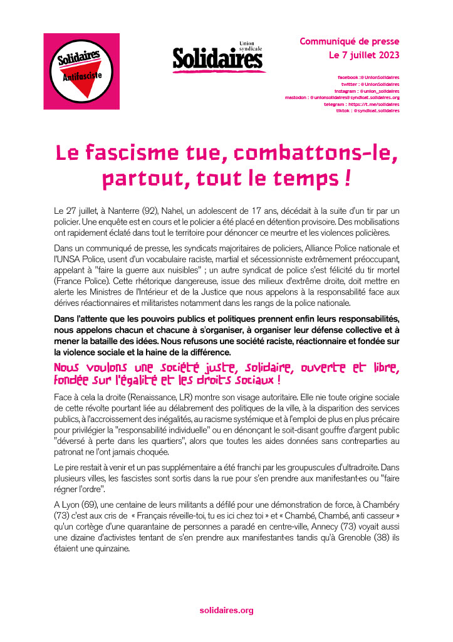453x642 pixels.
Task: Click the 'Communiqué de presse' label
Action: pyautogui.click(x=349, y=41)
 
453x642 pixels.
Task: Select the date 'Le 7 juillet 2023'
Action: pyautogui.click(x=364, y=55)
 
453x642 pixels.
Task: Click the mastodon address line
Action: pyautogui.click(x=342, y=97)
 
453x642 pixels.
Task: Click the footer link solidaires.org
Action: pyautogui.click(x=226, y=610)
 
